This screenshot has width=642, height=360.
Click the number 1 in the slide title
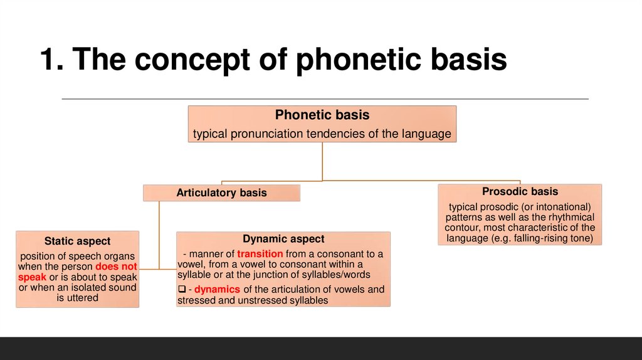48,60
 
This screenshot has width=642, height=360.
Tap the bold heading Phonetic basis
322,115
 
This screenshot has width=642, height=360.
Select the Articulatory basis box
221,193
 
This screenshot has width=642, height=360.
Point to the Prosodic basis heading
520,191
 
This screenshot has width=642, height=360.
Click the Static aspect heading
77,241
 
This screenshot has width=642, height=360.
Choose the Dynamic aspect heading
283,239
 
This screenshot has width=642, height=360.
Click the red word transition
260,254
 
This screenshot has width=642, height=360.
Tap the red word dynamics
218,290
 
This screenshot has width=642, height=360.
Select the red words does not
116,267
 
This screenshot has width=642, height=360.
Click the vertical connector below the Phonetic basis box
322,161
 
